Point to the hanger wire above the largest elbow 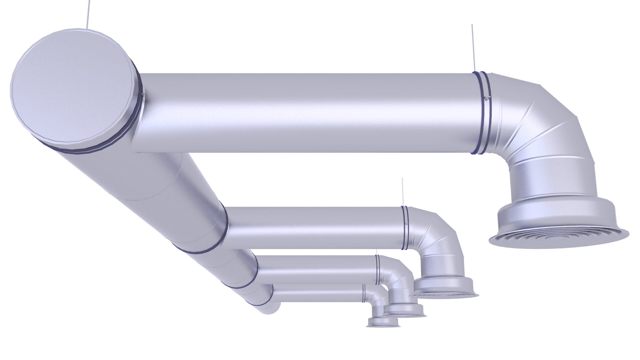point(473,47)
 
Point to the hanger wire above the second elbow point(403,192)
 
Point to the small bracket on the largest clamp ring point(487,98)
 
